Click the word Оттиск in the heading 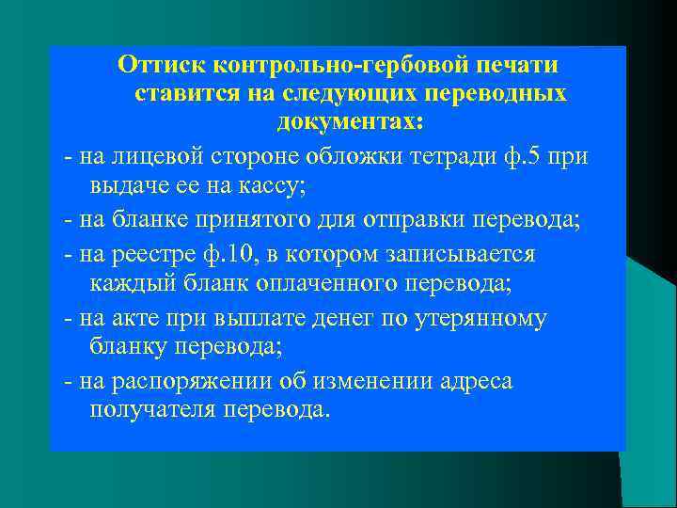pos(162,66)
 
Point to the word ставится pos(184,94)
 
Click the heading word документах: pos(350,122)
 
